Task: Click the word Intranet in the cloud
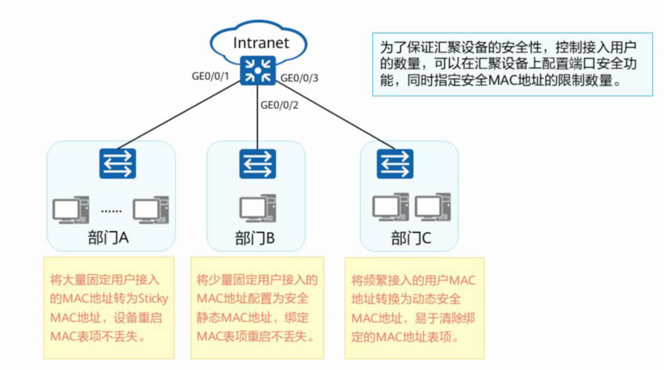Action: tap(261, 43)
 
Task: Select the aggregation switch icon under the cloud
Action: tap(258, 71)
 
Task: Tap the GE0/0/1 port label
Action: tap(211, 76)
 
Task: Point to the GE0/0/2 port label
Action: tap(279, 105)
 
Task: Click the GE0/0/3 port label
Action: tap(299, 78)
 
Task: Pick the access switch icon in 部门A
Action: tap(118, 164)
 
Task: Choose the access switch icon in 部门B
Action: tap(258, 164)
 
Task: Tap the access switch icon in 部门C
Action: tap(395, 164)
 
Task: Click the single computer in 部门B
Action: tap(258, 208)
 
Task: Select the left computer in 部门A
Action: tap(71, 210)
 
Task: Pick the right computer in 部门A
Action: tap(151, 210)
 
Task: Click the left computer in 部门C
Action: tap(391, 207)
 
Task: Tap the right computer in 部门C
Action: tap(433, 207)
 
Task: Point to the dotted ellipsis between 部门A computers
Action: tap(111, 211)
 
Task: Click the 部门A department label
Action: tap(108, 238)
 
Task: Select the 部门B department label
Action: tap(255, 238)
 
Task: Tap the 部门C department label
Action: tap(411, 238)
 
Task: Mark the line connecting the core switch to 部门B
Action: tap(257, 117)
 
